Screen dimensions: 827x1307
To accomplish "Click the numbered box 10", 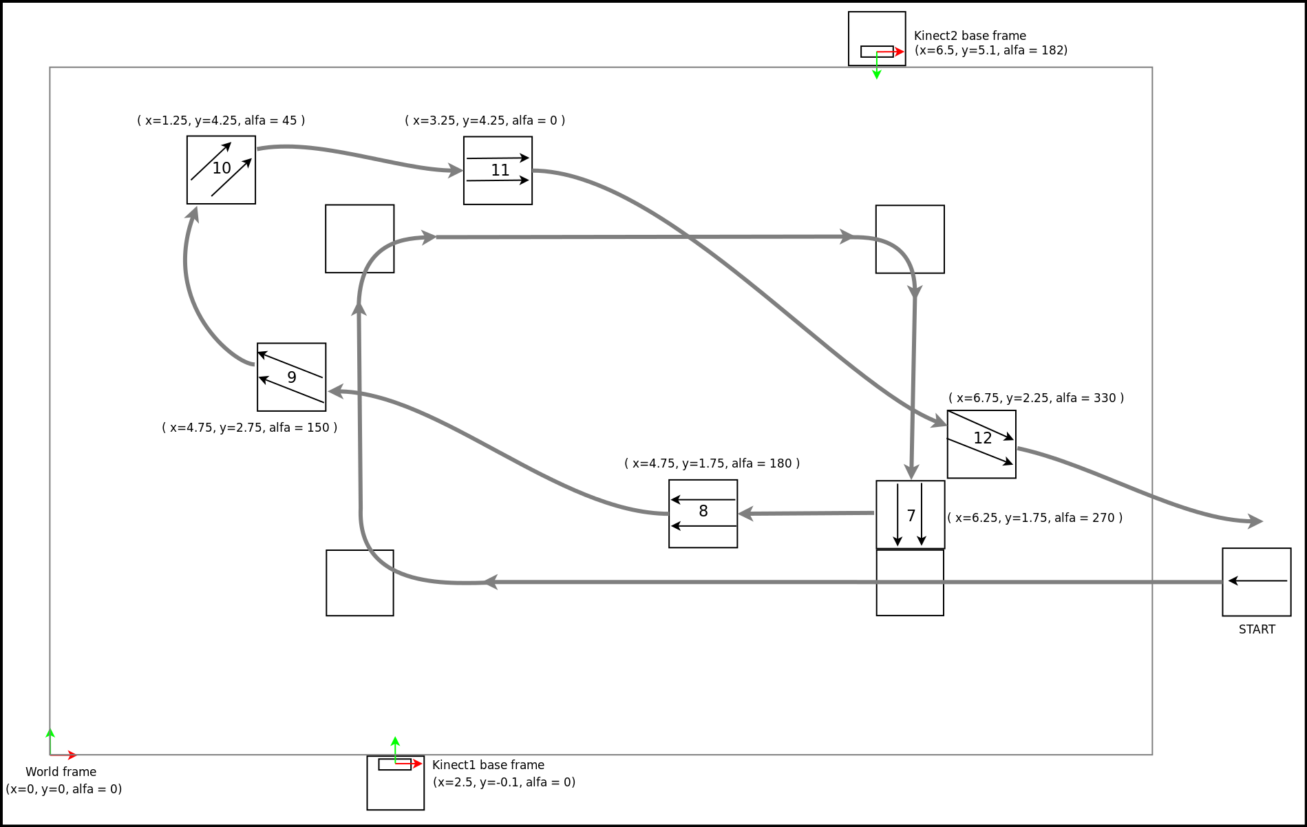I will tap(221, 170).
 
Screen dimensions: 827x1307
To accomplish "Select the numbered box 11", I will tap(498, 171).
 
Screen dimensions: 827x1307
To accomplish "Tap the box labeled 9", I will tap(291, 377).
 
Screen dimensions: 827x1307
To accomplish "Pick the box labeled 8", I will tap(703, 514).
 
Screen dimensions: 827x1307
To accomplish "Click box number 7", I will tap(910, 514).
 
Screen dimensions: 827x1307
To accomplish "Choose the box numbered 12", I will tap(981, 444).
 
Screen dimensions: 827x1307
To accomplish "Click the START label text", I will tap(1257, 629).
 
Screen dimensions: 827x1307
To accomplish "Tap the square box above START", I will tap(1256, 582).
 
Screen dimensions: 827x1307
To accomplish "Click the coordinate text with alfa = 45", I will tap(221, 121).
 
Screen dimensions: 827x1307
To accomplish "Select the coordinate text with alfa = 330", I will tap(1036, 398).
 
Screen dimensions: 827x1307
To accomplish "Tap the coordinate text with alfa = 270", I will tap(1034, 518).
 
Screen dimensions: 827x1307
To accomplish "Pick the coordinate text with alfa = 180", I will tap(712, 463).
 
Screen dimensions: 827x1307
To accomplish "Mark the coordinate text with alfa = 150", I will tap(249, 428).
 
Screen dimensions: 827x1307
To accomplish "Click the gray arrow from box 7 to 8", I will tap(805, 513).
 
